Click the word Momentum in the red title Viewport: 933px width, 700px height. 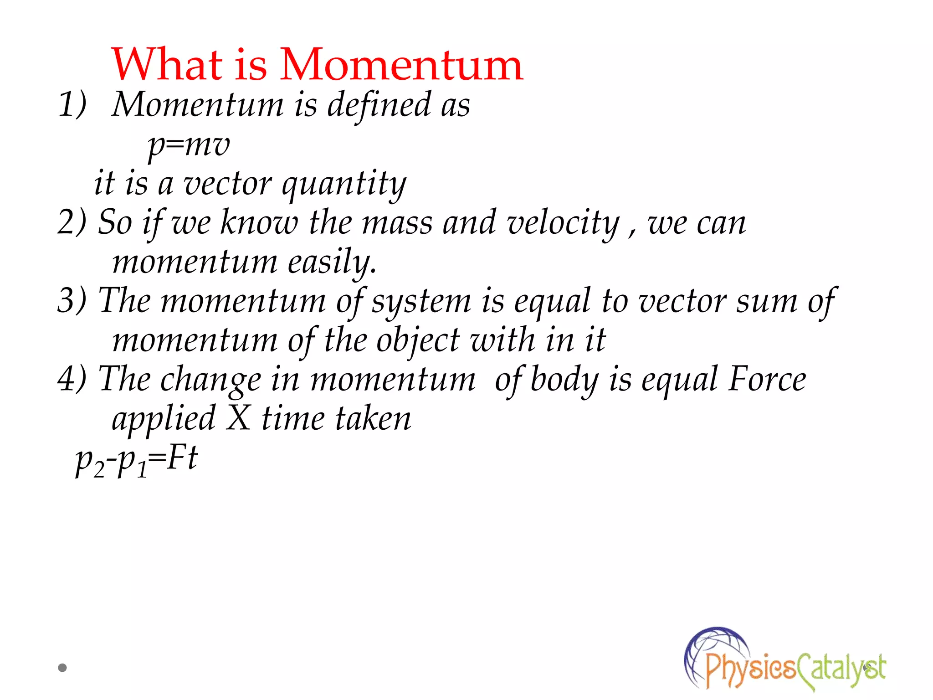pos(401,65)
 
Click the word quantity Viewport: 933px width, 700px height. pos(344,185)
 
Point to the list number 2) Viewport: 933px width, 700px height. pos(72,222)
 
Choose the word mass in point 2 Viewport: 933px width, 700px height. pos(397,223)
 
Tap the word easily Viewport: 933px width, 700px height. pos(332,263)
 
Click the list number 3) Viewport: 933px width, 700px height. pos(72,301)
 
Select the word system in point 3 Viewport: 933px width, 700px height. pos(421,302)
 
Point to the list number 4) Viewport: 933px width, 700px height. pos(72,379)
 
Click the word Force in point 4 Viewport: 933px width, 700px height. pos(767,379)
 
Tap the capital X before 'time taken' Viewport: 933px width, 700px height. pos(238,418)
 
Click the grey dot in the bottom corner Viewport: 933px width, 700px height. pos(62,668)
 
